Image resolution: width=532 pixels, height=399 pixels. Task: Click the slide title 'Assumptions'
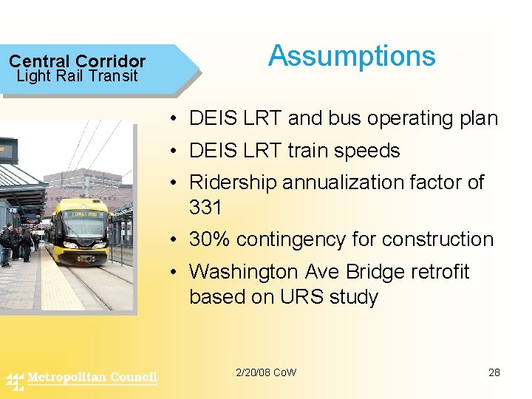pos(352,56)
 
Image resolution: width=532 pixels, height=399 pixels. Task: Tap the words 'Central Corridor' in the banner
pos(77,61)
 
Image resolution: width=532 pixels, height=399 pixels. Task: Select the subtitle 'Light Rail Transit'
pos(77,76)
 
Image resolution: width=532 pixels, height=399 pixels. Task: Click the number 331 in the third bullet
pos(205,208)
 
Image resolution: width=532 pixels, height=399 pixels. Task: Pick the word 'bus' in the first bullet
pos(362,119)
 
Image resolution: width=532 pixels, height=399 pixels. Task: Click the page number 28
pos(494,372)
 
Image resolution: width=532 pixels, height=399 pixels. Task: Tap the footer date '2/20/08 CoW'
pos(265,372)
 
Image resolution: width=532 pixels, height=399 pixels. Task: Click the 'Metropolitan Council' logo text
pos(92,378)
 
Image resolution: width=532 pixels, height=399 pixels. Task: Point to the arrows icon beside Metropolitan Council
pos(15,381)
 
